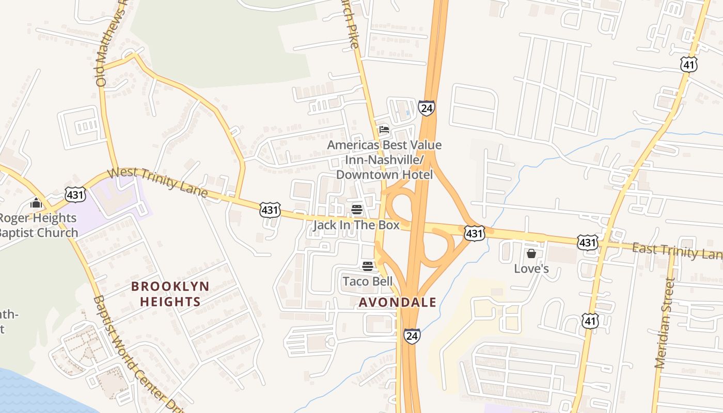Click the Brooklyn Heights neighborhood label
click(x=170, y=294)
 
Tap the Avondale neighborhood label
click(x=397, y=303)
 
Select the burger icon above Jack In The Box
click(x=357, y=210)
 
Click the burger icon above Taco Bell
click(x=368, y=266)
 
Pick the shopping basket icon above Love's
click(x=531, y=253)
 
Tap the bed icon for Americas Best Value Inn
click(x=384, y=130)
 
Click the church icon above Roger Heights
click(x=36, y=203)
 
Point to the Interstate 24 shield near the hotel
click(x=426, y=108)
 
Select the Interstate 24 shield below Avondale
click(x=412, y=335)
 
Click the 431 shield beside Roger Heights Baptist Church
click(x=75, y=195)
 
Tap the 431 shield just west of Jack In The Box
click(x=270, y=210)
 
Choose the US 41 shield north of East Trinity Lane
click(x=689, y=65)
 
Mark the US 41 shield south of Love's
click(x=590, y=321)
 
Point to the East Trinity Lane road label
click(x=677, y=251)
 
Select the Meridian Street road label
click(x=664, y=323)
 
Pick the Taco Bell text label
click(x=368, y=281)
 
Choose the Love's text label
click(x=531, y=268)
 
